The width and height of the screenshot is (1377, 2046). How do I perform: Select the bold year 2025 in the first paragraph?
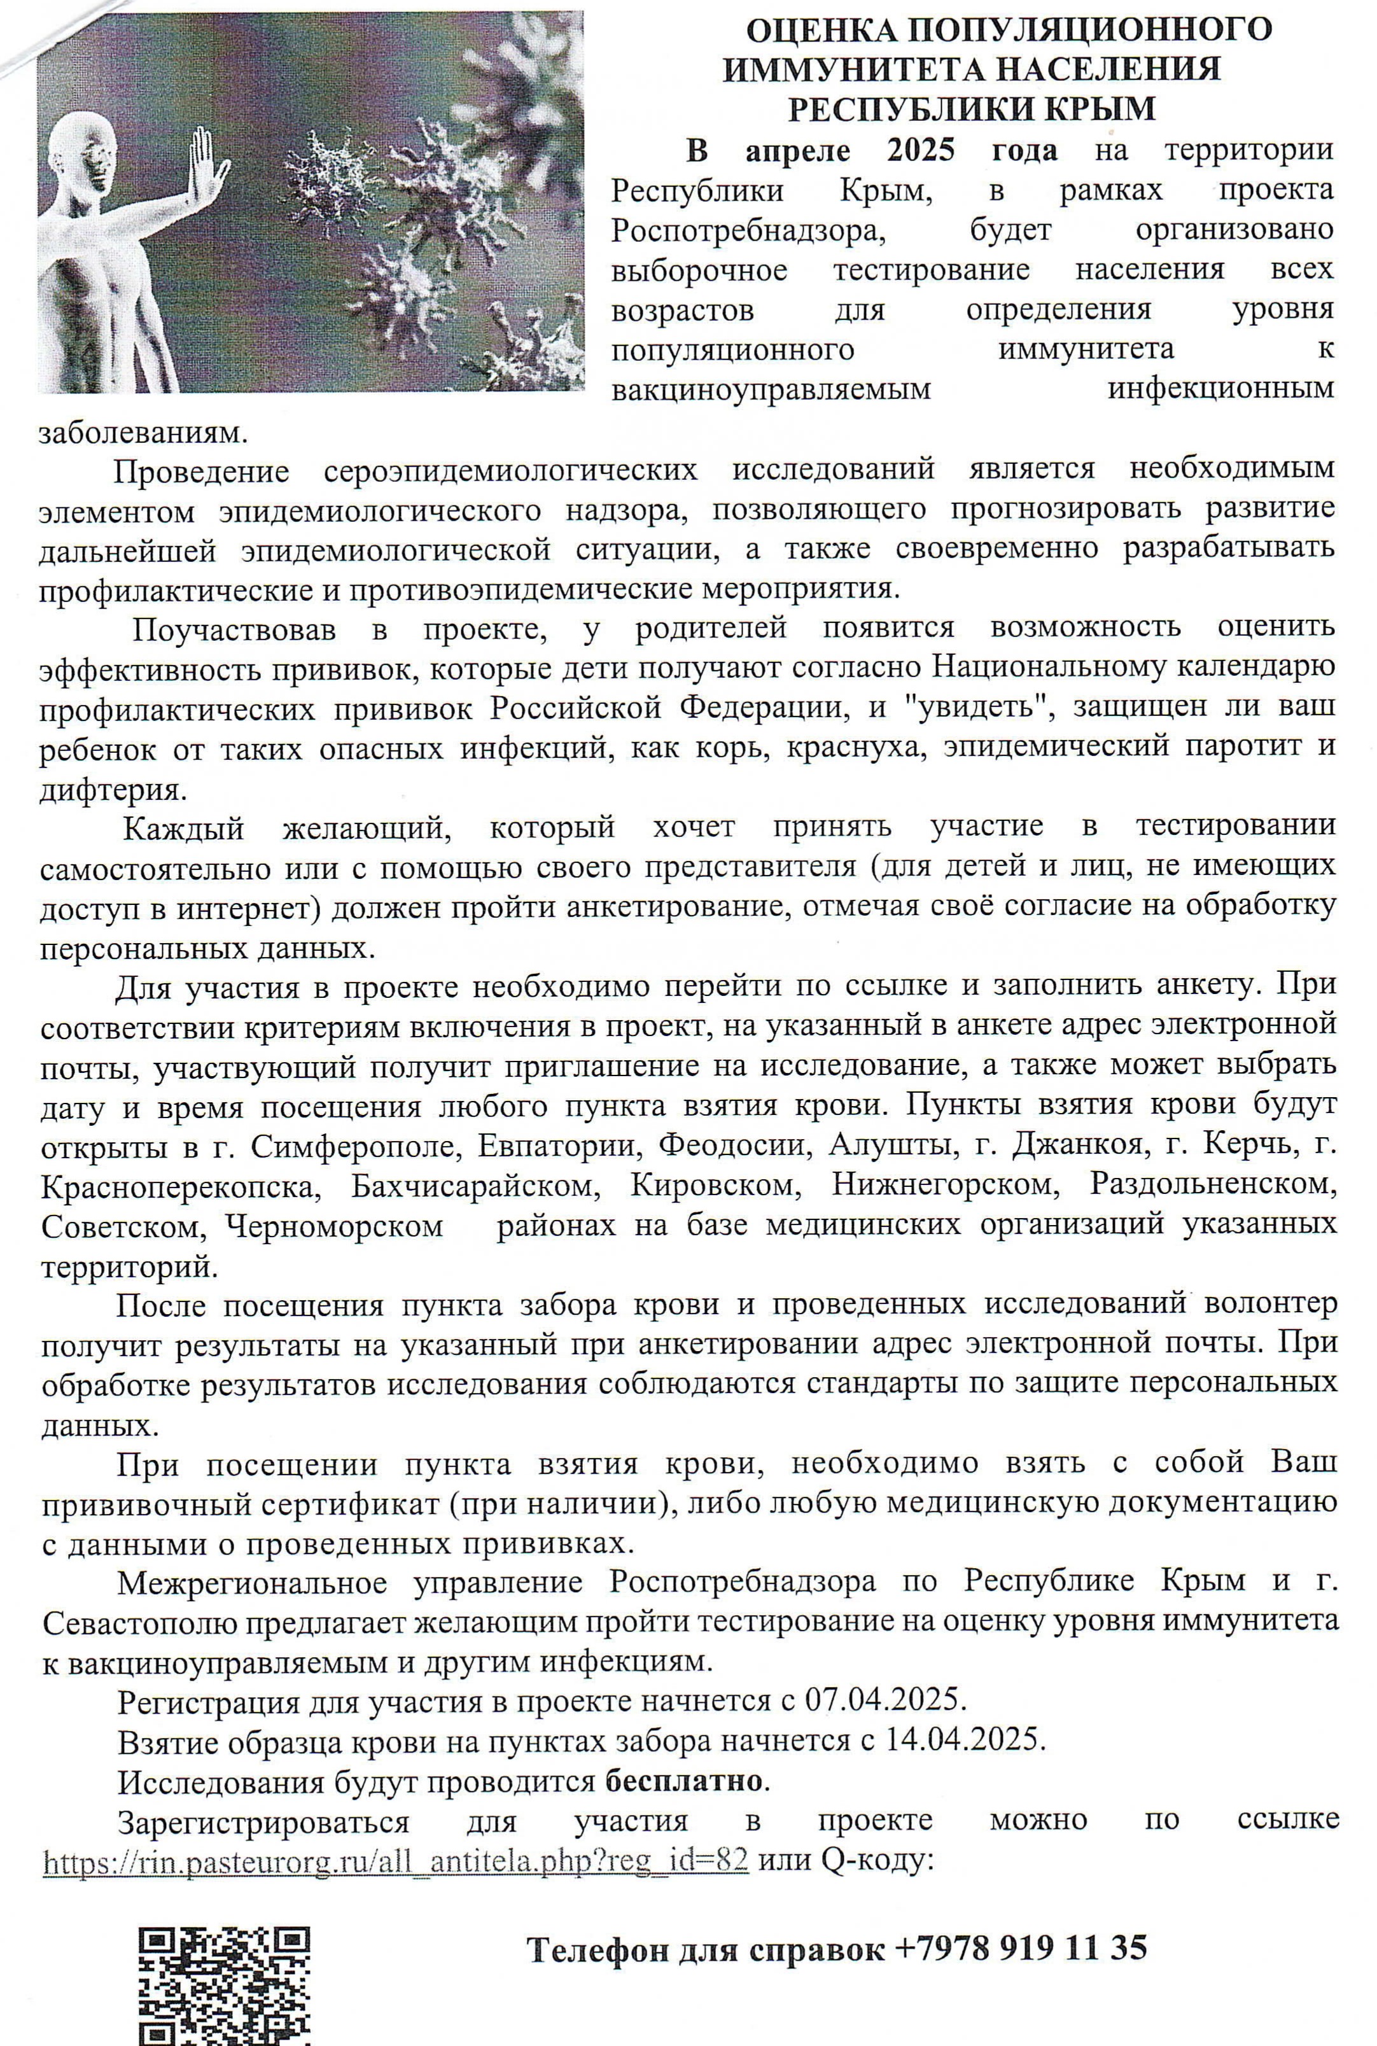(920, 150)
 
